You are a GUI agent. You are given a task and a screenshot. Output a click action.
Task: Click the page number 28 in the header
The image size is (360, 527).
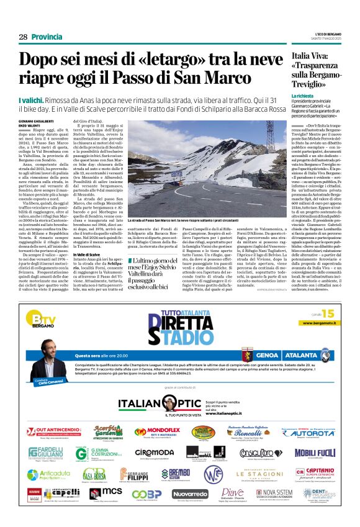[23, 37]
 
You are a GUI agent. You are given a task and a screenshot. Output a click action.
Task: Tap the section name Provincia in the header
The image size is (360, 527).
[47, 37]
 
